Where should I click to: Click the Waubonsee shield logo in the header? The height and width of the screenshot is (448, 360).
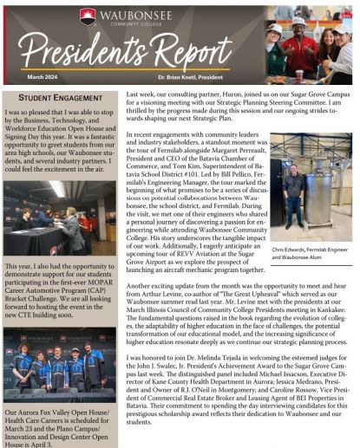click(x=87, y=16)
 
